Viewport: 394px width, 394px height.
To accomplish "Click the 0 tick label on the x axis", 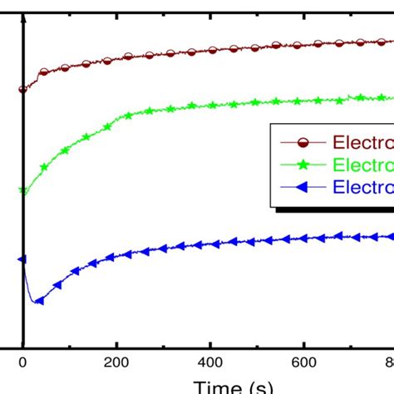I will (23, 362).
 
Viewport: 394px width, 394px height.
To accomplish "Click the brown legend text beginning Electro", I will (362, 142).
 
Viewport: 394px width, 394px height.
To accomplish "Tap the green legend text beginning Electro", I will (362, 165).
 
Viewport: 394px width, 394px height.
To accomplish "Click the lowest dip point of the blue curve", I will (36, 302).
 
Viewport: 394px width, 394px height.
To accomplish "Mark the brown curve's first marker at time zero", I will (22, 89).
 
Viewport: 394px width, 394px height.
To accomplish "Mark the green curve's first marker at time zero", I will (23, 191).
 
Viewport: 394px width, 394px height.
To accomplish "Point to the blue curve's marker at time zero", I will (22, 259).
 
